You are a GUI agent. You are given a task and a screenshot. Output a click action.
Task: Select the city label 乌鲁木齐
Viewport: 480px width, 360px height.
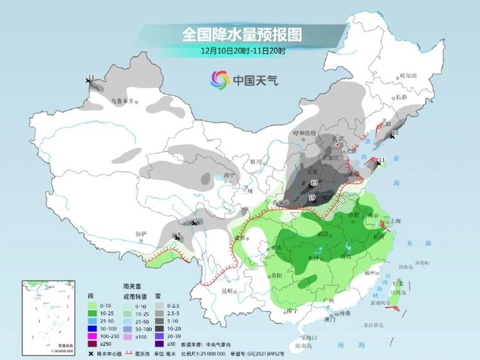(x=122, y=101)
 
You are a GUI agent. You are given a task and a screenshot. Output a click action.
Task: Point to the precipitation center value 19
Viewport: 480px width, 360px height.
(x=312, y=199)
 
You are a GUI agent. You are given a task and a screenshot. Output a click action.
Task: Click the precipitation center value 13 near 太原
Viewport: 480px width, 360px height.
(x=314, y=184)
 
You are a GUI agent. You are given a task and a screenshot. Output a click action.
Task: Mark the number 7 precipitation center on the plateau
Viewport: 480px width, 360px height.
(x=195, y=221)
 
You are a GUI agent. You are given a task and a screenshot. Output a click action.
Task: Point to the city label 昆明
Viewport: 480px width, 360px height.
(x=228, y=291)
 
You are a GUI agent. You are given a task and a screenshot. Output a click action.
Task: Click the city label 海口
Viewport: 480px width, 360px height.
(x=312, y=337)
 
